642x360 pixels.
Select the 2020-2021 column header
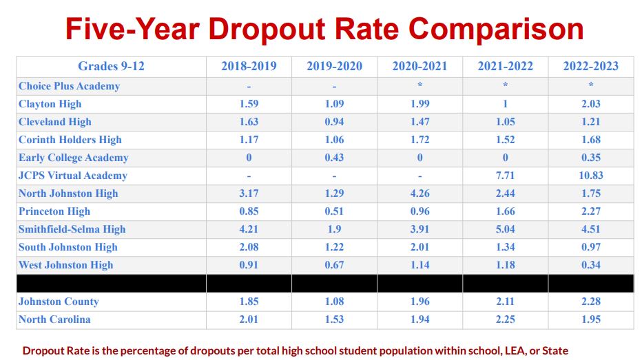420,67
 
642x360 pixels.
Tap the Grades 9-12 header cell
111,67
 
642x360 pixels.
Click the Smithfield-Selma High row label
72,229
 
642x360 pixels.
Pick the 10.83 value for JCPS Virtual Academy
590,176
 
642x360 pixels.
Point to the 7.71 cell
505,176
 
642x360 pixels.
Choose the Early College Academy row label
74,158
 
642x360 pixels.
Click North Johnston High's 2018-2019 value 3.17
249,193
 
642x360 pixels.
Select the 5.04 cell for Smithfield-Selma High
505,229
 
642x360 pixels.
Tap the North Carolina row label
54,319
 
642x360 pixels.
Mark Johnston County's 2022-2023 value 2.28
590,301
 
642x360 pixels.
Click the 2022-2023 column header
590,67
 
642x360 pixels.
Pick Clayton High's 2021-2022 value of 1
505,104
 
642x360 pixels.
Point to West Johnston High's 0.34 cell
590,265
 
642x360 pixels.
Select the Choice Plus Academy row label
69,86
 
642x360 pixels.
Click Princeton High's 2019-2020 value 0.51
334,211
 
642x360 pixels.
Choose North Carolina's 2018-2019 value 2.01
249,319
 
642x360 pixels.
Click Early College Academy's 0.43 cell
334,158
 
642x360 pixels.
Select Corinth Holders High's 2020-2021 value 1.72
420,140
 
